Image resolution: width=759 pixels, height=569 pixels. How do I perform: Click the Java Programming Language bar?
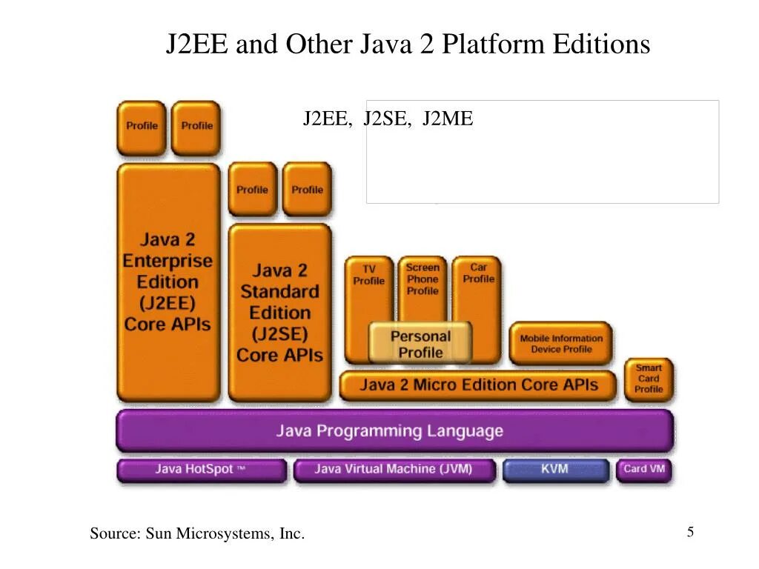pyautogui.click(x=394, y=430)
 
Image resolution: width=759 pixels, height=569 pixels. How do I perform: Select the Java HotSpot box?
pyautogui.click(x=201, y=470)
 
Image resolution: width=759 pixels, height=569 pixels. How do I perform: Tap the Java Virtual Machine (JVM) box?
pyautogui.click(x=394, y=470)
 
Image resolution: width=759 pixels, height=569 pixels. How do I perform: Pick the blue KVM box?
pyautogui.click(x=555, y=470)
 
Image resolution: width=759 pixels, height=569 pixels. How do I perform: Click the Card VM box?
pyautogui.click(x=644, y=470)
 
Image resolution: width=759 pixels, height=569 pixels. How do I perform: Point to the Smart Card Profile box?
pyautogui.click(x=648, y=379)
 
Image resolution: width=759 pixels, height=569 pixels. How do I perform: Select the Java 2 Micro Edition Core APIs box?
pyautogui.click(x=478, y=385)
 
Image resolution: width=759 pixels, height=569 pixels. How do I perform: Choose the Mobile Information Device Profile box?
pyautogui.click(x=561, y=343)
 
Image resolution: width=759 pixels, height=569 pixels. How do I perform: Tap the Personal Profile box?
pyautogui.click(x=420, y=344)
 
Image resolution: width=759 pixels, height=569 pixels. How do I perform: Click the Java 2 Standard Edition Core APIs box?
pyautogui.click(x=279, y=313)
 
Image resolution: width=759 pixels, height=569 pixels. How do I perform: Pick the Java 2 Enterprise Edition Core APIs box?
pyautogui.click(x=168, y=282)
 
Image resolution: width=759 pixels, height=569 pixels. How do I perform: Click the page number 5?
pyautogui.click(x=690, y=532)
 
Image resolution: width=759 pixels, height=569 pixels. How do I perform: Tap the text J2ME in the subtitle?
pyautogui.click(x=448, y=119)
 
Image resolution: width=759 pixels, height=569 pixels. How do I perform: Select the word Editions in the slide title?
pyautogui.click(x=601, y=44)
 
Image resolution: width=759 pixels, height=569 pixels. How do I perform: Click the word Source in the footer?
pyautogui.click(x=114, y=533)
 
